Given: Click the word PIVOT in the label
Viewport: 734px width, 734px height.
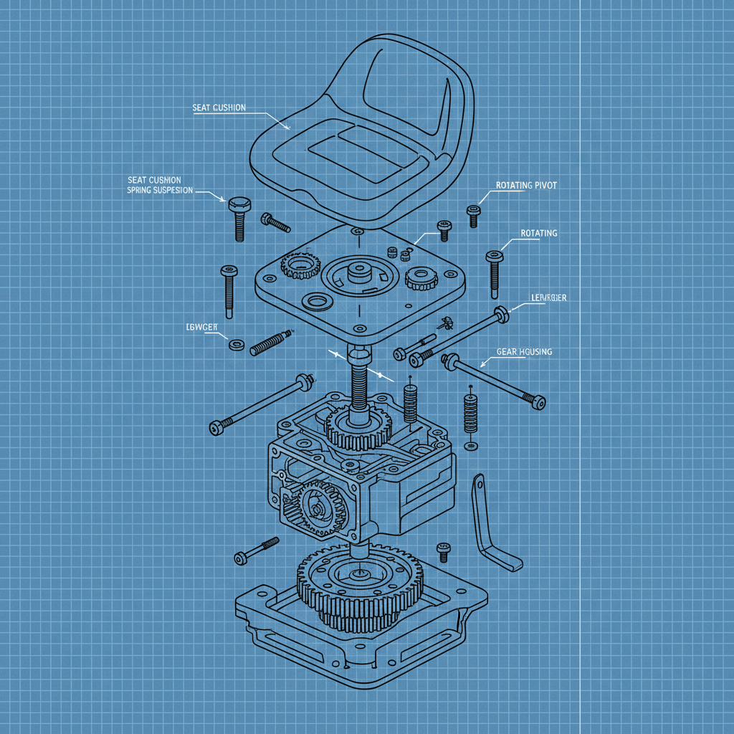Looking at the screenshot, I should pos(543,185).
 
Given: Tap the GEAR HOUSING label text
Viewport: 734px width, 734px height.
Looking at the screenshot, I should pos(524,352).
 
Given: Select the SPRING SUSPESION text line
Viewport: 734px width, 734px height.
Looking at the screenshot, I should pos(160,191).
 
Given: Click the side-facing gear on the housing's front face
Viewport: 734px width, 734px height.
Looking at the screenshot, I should pos(315,505).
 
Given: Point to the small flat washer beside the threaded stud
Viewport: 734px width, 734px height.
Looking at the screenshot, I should pos(236,345).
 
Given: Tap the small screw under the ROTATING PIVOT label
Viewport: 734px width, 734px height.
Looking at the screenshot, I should pos(472,214).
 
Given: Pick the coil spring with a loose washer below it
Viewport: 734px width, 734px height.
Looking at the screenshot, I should pos(470,415).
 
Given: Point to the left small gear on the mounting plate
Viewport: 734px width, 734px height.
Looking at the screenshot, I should pos(300,266).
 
